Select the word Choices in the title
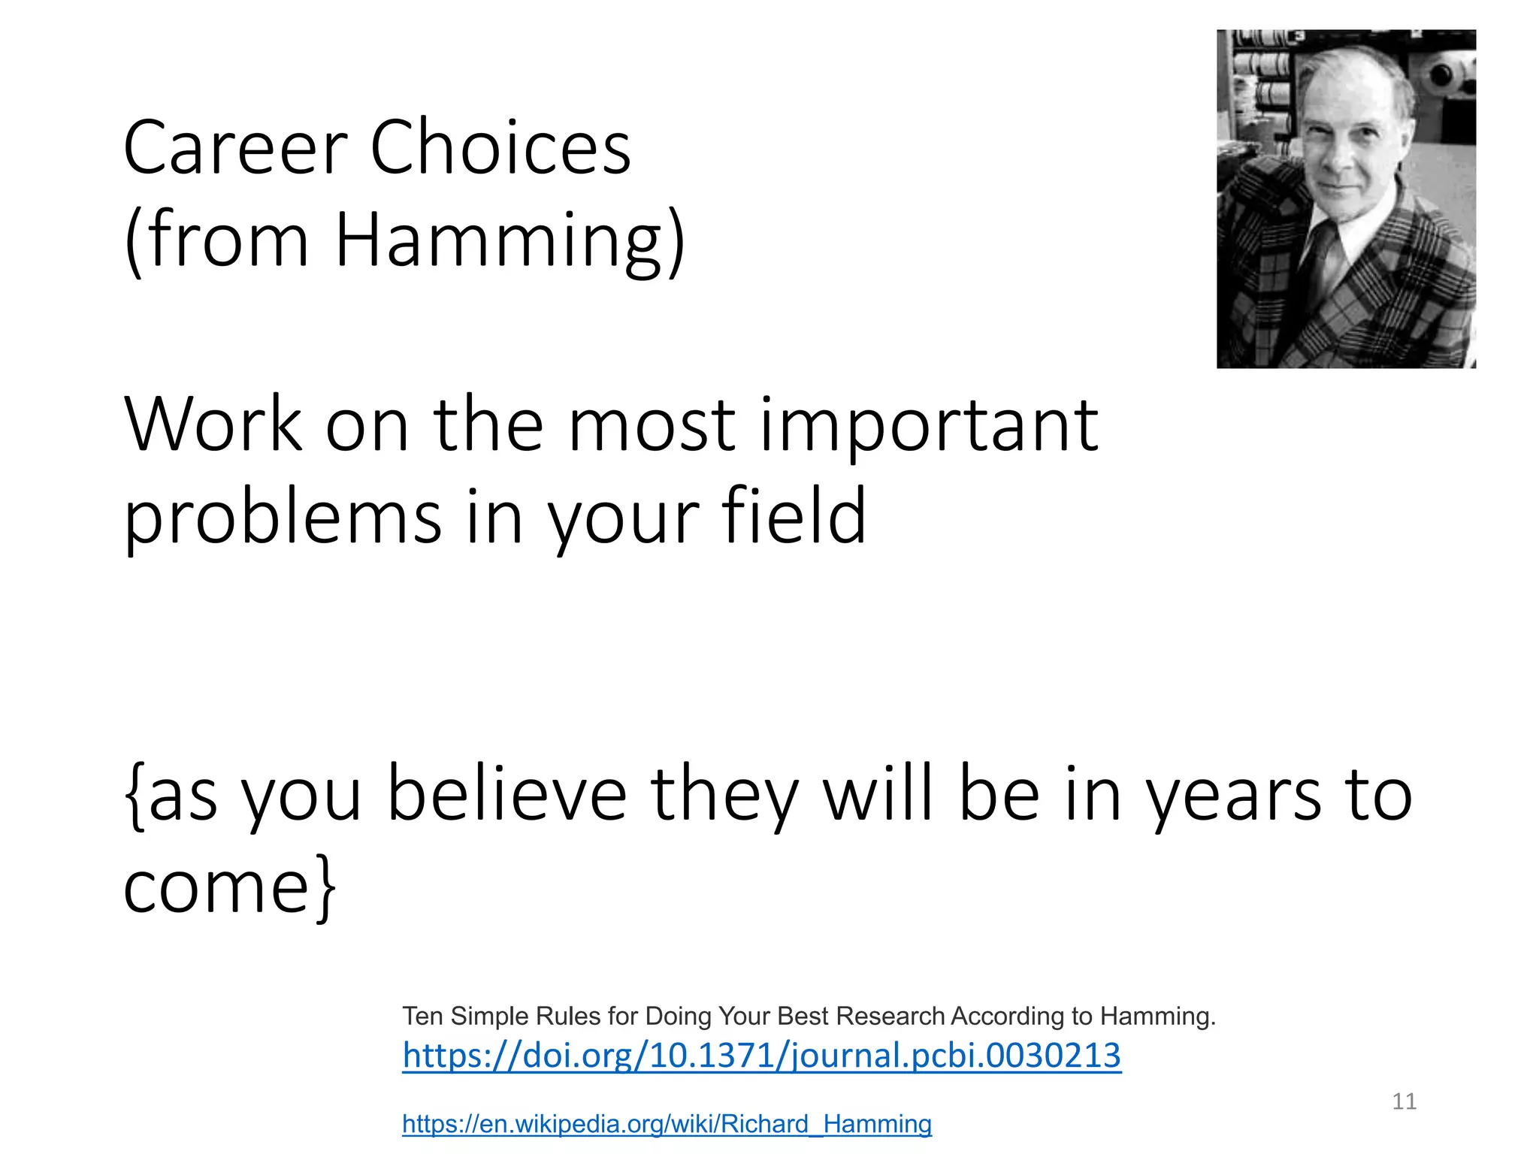tap(500, 148)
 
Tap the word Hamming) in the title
tap(509, 240)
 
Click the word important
tap(929, 426)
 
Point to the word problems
tap(283, 518)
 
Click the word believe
tap(507, 795)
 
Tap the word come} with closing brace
tap(229, 888)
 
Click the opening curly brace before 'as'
tap(135, 795)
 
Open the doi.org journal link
tap(761, 1056)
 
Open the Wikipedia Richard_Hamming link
tap(667, 1124)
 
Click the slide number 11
tap(1404, 1101)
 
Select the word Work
tap(213, 426)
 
